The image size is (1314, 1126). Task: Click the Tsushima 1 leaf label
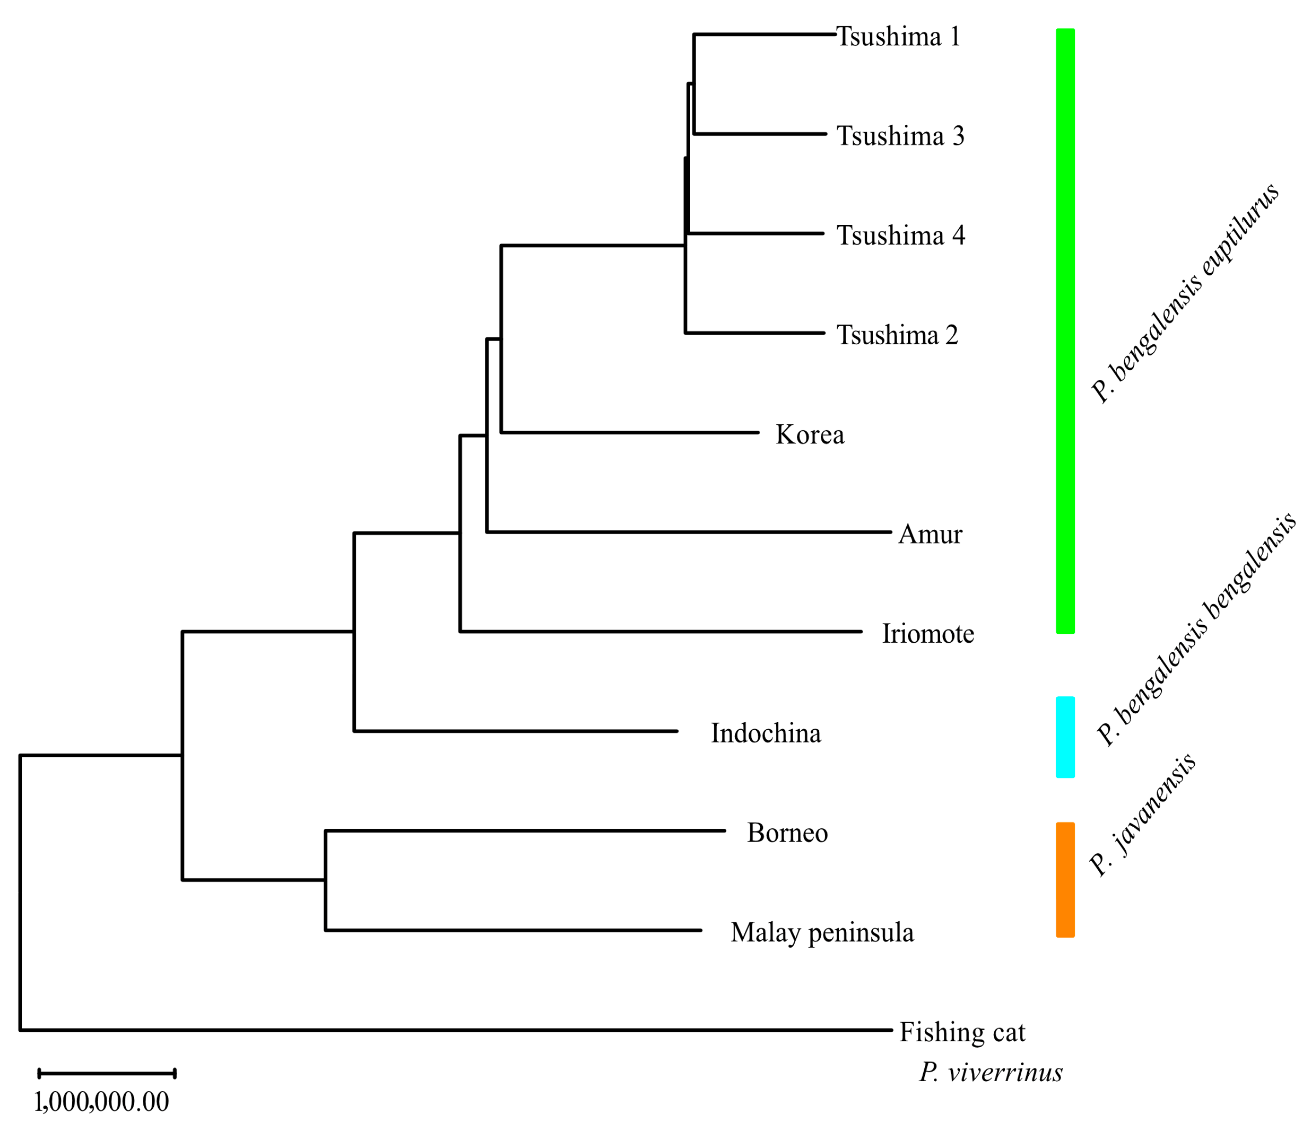[x=898, y=37]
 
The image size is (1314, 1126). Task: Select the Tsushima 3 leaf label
[x=900, y=136]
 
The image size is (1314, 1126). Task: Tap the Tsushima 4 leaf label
[x=900, y=236]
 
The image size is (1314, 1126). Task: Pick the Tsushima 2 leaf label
[x=897, y=336]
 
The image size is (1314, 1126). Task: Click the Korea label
[x=810, y=435]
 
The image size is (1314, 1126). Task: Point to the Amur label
[x=930, y=535]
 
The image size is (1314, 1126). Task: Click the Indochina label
[x=766, y=734]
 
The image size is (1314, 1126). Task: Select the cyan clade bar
[x=1066, y=737]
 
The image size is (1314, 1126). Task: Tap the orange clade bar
[x=1066, y=880]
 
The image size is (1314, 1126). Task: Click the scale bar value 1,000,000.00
[x=101, y=1102]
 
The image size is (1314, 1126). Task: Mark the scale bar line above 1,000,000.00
[x=107, y=1073]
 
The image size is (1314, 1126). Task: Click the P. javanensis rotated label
[x=1142, y=816]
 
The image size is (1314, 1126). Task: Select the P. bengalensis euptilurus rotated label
[x=1185, y=293]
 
